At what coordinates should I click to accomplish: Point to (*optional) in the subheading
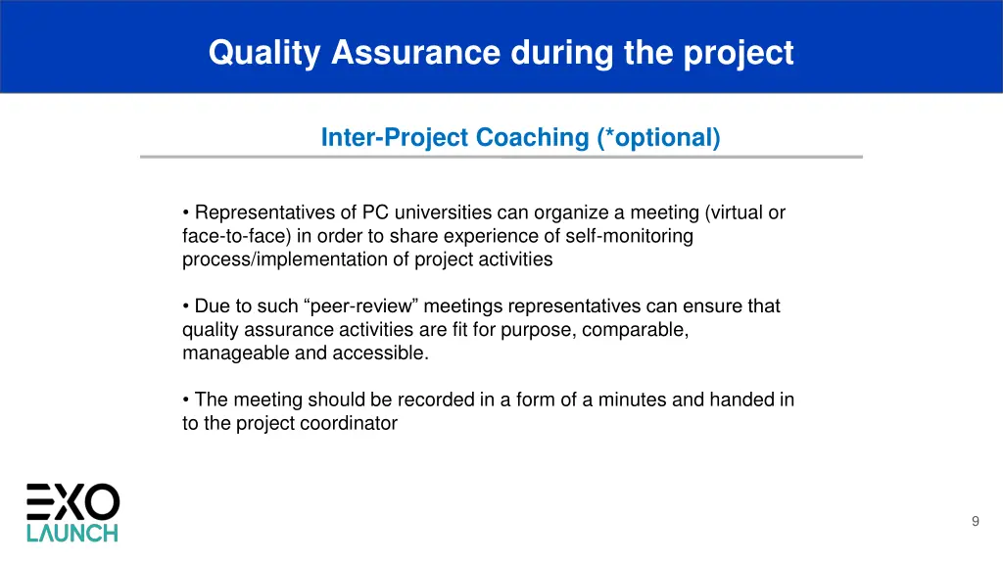pos(658,138)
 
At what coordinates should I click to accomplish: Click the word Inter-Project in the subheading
pos(395,138)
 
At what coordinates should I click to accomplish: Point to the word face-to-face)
pos(229,236)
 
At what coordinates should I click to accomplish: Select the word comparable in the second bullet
pos(635,330)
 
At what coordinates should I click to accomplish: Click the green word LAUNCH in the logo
pos(72,533)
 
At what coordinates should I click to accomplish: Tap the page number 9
pos(975,522)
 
